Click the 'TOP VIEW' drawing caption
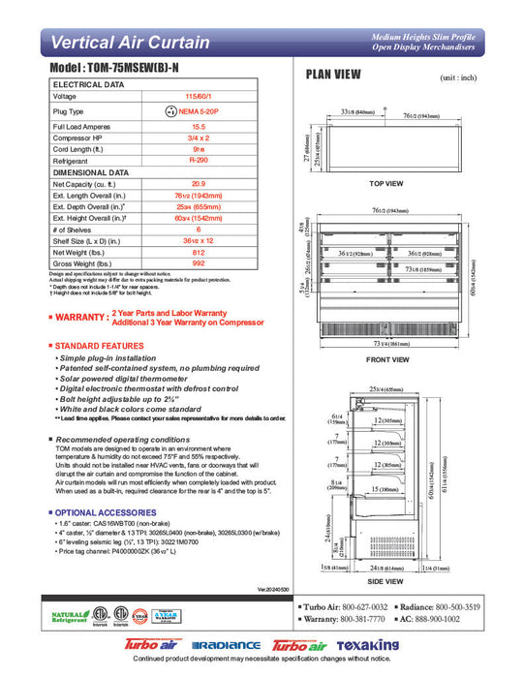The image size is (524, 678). [x=385, y=183]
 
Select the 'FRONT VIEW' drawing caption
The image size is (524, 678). [x=385, y=359]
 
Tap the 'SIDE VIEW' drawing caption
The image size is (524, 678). [x=385, y=582]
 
